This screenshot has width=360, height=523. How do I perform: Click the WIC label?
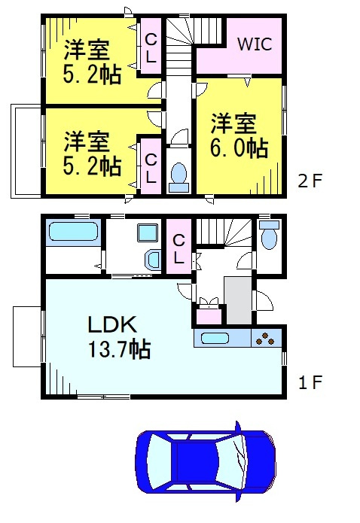click(255, 44)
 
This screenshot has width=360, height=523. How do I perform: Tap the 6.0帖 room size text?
click(239, 148)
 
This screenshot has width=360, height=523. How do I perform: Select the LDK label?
click(112, 324)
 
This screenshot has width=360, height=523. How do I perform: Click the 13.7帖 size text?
click(119, 349)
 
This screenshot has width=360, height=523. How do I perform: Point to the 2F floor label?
click(310, 181)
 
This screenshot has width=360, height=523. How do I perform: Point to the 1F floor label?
click(310, 382)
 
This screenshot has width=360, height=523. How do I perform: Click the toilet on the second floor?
click(178, 178)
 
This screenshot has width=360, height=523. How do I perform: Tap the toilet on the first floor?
click(269, 235)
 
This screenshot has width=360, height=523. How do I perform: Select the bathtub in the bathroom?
click(74, 232)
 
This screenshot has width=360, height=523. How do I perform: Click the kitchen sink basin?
click(215, 338)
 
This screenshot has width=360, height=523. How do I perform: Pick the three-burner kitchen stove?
click(267, 338)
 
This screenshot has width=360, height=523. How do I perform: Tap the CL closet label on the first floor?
click(178, 249)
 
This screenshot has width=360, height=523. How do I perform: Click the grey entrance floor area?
click(238, 300)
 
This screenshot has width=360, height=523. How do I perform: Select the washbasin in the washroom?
click(153, 260)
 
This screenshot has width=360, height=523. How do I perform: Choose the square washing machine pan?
click(148, 233)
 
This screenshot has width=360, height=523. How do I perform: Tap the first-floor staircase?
click(224, 232)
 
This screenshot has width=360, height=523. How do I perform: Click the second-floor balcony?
click(26, 151)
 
